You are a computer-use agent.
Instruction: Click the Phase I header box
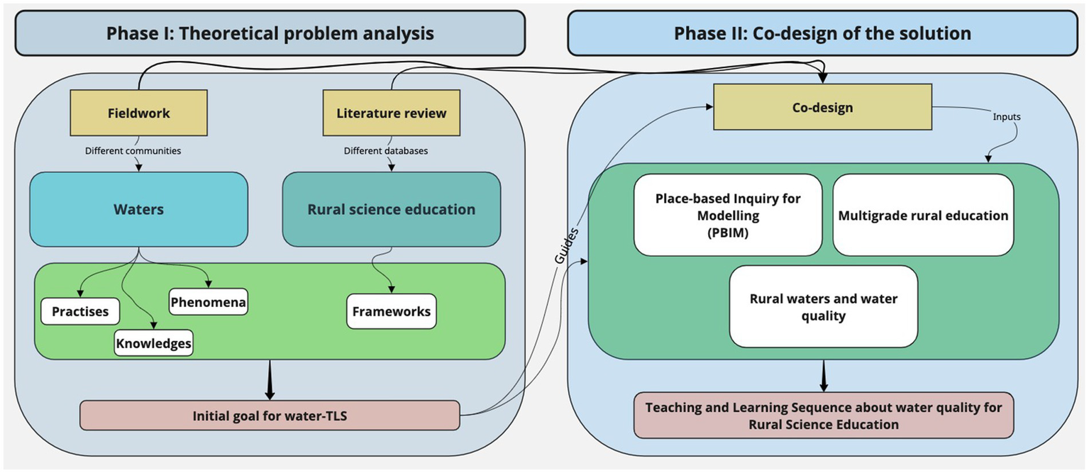coord(270,33)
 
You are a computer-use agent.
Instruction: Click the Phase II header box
coord(822,33)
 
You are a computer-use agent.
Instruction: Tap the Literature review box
coord(392,113)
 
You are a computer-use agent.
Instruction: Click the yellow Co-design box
coord(822,107)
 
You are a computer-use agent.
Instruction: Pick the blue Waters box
coord(138,209)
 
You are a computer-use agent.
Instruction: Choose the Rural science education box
coord(391,209)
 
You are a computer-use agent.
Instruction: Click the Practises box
coord(80,312)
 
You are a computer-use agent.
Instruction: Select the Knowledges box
coord(153,343)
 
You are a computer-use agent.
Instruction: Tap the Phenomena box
coord(208,303)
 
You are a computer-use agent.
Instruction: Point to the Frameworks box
coord(391,311)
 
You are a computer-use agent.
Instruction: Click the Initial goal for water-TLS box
coord(270,416)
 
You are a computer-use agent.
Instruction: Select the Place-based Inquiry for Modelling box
coord(728,215)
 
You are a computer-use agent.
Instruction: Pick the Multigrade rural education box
coord(923,215)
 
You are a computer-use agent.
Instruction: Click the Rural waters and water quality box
coord(823,307)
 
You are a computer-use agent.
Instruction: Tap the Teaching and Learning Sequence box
coord(823,416)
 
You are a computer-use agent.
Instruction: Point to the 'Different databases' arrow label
coord(386,150)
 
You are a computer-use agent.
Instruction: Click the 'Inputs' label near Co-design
coord(1007,115)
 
